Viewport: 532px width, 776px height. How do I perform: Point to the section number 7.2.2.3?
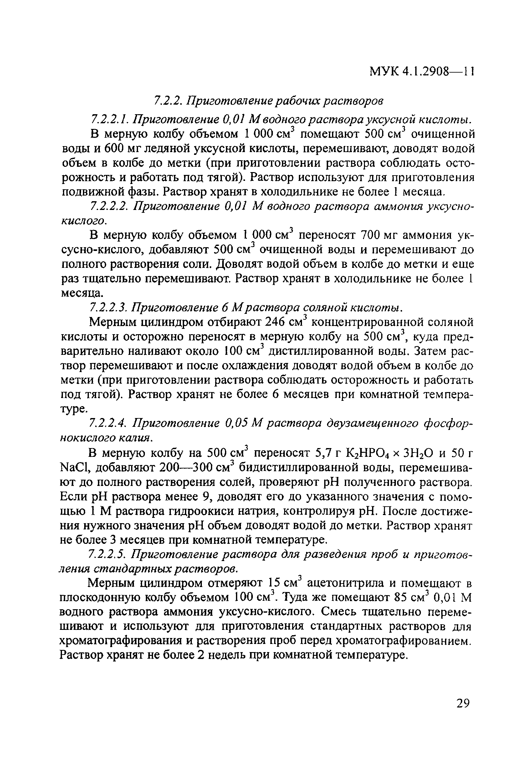110,307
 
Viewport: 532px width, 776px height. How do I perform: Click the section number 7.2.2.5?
107,554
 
